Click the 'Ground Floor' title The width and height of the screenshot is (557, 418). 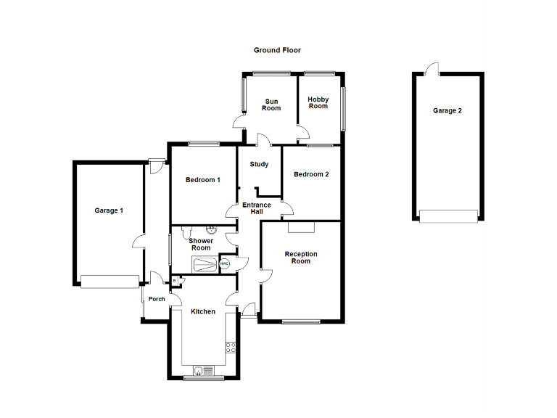(277, 50)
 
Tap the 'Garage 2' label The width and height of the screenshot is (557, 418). (447, 111)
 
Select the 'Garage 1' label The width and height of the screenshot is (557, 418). (109, 210)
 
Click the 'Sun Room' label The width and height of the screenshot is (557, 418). (272, 104)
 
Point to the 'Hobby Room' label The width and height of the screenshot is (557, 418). (318, 102)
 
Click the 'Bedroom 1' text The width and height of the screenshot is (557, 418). (202, 180)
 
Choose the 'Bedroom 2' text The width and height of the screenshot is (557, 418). (311, 174)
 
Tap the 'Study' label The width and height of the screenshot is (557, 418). (259, 164)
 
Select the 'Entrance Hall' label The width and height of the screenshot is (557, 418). (256, 208)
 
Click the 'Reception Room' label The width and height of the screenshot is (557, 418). (301, 258)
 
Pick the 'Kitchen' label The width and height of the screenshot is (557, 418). (203, 311)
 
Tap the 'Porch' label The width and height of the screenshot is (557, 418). (156, 299)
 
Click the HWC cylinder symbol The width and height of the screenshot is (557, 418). (224, 264)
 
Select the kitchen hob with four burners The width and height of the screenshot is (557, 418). (231, 347)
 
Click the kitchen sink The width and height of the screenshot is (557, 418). (202, 371)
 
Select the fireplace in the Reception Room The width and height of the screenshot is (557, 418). (301, 227)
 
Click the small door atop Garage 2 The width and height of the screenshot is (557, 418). (432, 70)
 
